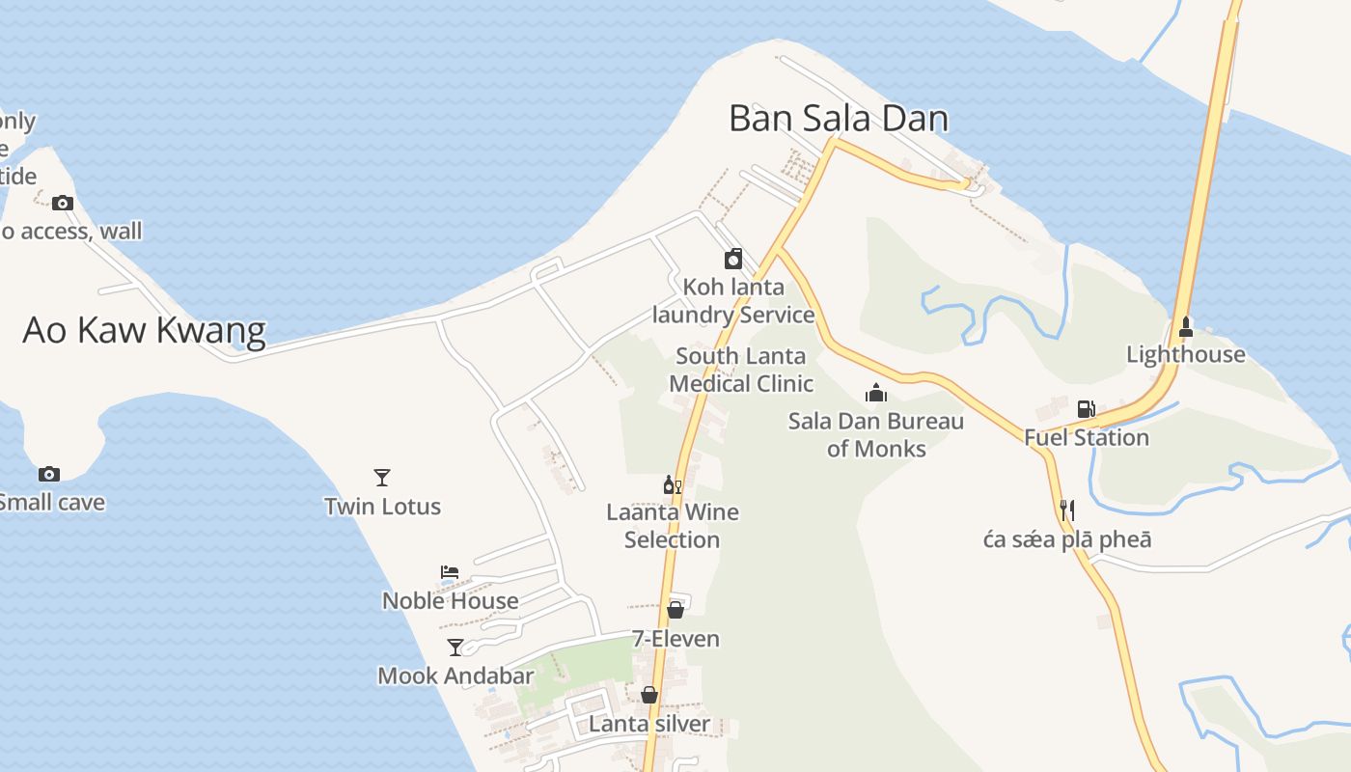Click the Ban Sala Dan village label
[x=838, y=119]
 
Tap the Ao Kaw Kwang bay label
[x=144, y=330]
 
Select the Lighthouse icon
[x=1186, y=328]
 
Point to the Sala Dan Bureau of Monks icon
[x=876, y=393]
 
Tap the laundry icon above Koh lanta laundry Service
[x=733, y=259]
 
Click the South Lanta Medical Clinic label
[x=741, y=370]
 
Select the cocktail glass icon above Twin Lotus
[x=382, y=478]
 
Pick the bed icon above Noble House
[x=450, y=572]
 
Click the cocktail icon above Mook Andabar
[x=455, y=648]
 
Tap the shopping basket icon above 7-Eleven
[x=675, y=610]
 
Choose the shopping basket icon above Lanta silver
[x=649, y=695]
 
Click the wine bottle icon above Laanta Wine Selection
[x=672, y=484]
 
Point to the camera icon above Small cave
[x=49, y=474]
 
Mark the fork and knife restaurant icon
[x=1067, y=510]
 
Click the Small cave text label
[x=52, y=503]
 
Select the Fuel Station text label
[x=1087, y=438]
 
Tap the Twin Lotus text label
[x=382, y=507]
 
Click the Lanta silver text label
[x=648, y=724]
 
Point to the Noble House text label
[x=450, y=601]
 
